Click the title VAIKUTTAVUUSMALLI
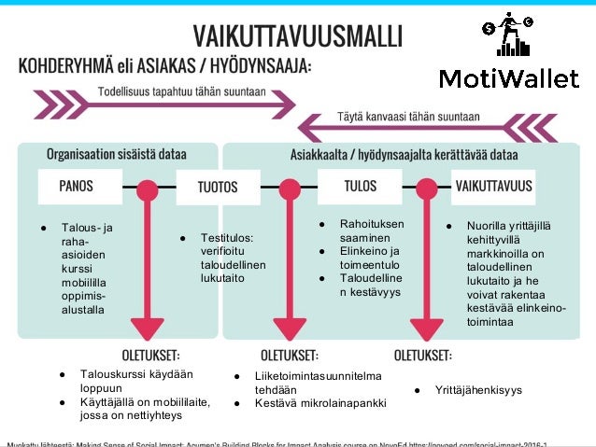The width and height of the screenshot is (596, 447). pos(298,35)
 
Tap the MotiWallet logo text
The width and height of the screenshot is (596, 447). pos(508,78)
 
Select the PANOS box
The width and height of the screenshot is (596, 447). pos(77,186)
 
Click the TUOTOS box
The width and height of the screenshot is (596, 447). pos(217,187)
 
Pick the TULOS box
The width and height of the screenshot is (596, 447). pos(360,186)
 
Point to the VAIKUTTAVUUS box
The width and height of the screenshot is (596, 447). pos(493,186)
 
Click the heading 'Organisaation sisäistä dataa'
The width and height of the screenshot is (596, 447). pos(117,153)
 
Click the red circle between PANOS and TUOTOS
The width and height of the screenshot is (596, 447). pos(146,189)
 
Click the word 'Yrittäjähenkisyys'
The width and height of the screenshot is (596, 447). pos(478,389)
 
